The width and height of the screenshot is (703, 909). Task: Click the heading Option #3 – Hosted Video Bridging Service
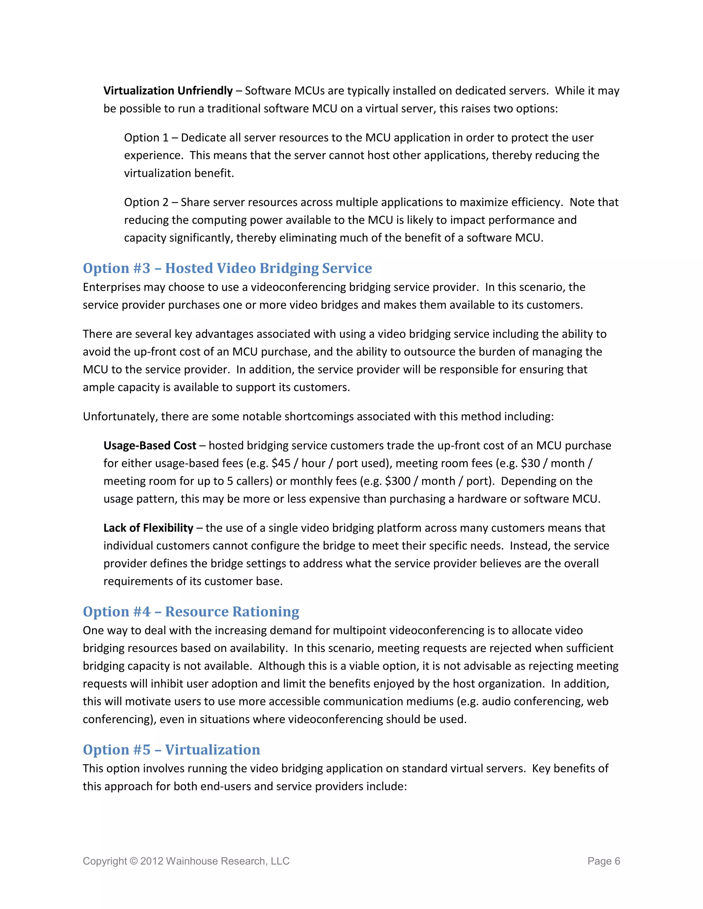227,269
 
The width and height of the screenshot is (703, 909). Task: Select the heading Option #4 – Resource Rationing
191,612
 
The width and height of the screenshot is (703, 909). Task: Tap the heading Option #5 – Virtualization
171,749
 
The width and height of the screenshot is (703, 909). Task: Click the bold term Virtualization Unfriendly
168,91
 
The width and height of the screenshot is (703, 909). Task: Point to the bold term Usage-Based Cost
150,446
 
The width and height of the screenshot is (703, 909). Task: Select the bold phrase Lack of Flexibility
148,528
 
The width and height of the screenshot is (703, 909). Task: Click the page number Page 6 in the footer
603,861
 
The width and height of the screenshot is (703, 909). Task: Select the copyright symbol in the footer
133,861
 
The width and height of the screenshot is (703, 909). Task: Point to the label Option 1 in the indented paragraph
146,138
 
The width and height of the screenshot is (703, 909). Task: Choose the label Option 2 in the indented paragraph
146,202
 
